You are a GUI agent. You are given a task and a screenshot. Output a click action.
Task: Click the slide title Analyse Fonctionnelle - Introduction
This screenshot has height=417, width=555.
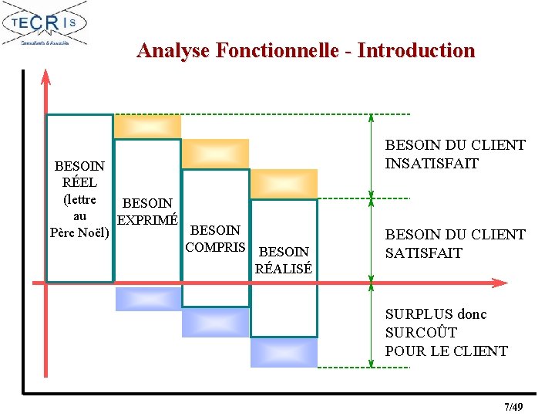pos(306,51)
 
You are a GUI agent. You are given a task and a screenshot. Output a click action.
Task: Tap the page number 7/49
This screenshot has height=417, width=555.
pos(513,406)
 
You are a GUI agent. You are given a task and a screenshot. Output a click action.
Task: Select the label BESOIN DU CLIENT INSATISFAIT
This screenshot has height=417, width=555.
pos(455,154)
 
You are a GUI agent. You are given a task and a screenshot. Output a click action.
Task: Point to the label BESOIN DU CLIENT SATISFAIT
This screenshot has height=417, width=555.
pos(455,243)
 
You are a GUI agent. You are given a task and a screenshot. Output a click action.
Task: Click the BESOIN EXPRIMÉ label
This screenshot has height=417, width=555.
pos(147,212)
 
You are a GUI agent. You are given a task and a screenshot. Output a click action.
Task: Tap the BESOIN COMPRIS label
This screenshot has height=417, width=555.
pos(215,239)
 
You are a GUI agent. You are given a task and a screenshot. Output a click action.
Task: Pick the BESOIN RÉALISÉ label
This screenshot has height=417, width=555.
pos(284,260)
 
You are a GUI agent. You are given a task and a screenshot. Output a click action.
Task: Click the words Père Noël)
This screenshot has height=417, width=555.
pos(79,232)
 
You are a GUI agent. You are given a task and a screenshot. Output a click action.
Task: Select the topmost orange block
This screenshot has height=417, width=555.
pos(147,126)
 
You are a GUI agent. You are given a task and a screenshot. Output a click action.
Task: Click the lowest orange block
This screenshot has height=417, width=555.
pos(284,183)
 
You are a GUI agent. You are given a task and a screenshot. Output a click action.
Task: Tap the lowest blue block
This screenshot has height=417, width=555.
pos(283,352)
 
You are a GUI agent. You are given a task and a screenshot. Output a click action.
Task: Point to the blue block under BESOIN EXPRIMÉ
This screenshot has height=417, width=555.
pos(147,298)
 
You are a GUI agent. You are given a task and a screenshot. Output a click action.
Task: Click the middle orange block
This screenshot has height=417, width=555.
pos(215,153)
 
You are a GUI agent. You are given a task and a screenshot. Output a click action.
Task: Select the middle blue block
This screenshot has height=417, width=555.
pos(215,322)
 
